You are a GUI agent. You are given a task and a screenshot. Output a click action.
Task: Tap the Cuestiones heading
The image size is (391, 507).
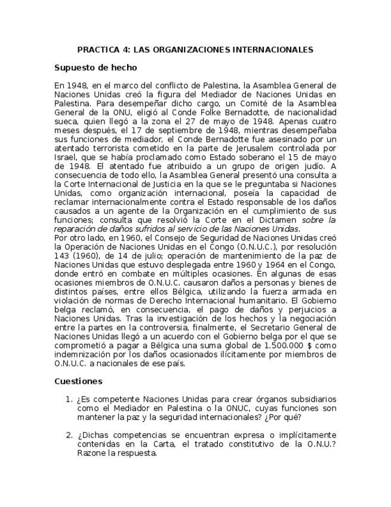[78, 381]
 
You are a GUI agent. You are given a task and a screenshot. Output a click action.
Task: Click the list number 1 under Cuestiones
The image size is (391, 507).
[68, 399]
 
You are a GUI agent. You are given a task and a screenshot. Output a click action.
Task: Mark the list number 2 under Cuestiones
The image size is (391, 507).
[68, 435]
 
